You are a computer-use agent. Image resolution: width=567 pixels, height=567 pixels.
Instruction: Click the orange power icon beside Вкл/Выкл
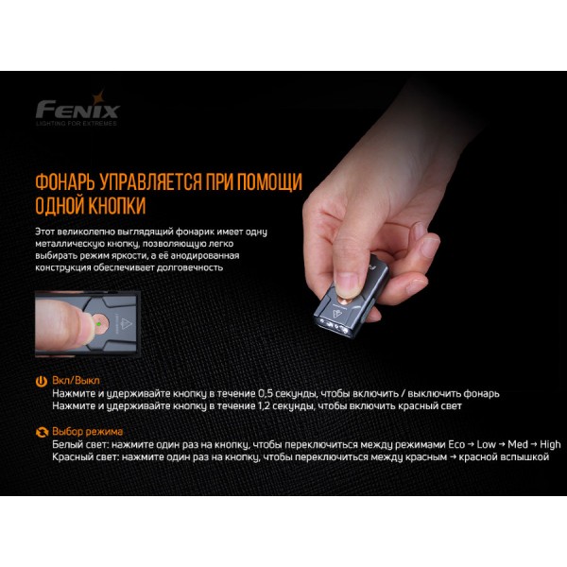41,380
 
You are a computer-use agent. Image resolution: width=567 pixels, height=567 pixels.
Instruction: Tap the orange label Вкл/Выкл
75,380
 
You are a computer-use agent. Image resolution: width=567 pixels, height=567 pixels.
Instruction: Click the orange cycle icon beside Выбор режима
41,432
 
